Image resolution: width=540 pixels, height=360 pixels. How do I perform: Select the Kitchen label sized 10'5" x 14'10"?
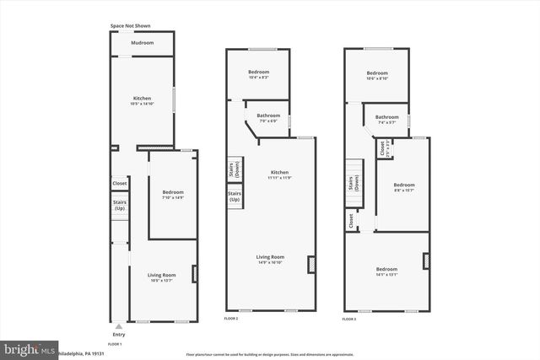click(x=142, y=101)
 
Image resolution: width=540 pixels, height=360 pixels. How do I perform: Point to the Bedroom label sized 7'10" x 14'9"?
click(x=173, y=195)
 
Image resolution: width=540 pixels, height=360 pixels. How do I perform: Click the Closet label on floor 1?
click(x=120, y=183)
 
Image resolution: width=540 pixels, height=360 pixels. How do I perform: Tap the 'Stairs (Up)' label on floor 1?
click(x=120, y=205)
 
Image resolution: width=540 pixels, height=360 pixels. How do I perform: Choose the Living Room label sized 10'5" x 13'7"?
click(x=160, y=277)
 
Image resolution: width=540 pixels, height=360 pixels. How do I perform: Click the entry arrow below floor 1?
click(x=119, y=326)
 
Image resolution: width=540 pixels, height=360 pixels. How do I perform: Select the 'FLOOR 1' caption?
click(x=115, y=344)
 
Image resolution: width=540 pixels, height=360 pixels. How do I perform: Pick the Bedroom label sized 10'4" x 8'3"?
click(x=258, y=74)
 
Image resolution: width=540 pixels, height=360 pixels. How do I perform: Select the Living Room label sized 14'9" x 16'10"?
click(x=271, y=259)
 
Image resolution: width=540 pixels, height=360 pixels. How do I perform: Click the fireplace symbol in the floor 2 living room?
click(x=310, y=266)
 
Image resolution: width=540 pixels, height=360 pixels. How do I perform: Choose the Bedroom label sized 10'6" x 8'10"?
click(x=376, y=75)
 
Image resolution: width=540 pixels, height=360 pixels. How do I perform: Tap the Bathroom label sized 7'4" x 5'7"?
click(x=387, y=119)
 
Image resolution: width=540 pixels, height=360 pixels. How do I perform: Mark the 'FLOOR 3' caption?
click(x=348, y=320)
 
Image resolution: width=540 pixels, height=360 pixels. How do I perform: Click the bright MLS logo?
click(x=29, y=347)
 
